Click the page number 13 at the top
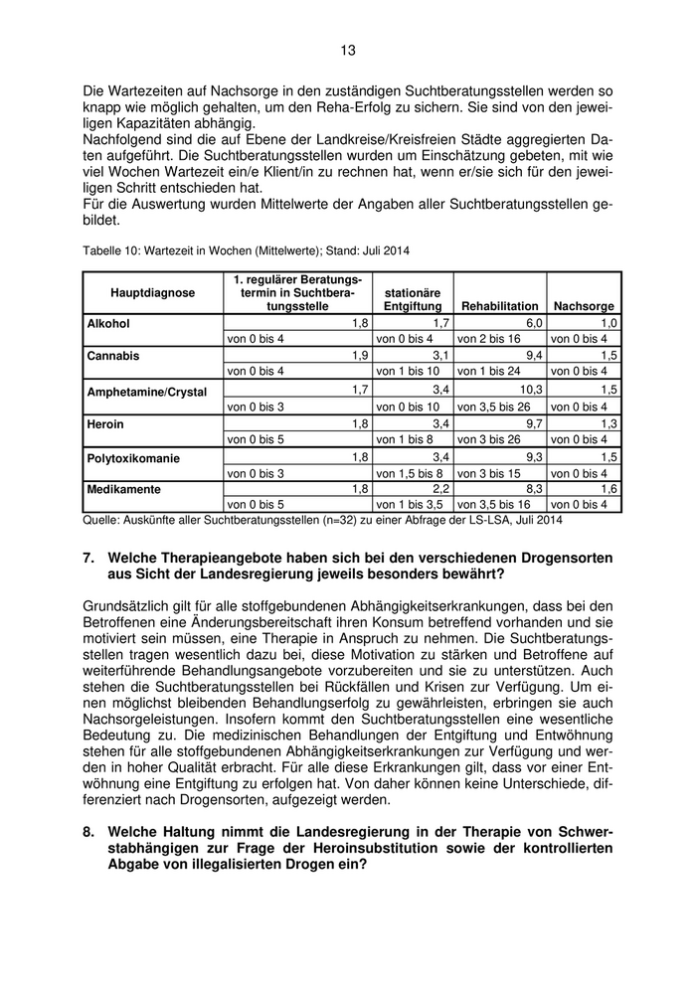pos(347,50)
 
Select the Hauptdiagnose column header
pos(153,293)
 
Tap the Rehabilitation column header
pos(499,307)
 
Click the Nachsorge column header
pos(584,307)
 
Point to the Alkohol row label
pos(108,324)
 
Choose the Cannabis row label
pos(113,356)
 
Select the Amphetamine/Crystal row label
pos(147,392)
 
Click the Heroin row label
pos(105,424)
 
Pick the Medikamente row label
pos(123,489)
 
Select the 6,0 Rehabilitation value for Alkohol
pos(534,324)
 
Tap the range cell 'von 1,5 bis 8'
pos(410,473)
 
